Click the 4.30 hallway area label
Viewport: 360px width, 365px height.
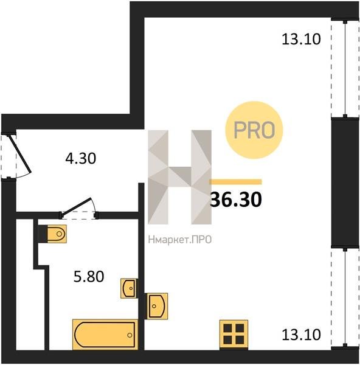[80, 159]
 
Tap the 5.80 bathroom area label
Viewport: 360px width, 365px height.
[89, 277]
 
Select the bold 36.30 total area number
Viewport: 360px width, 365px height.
[236, 200]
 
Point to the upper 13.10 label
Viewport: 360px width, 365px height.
[301, 39]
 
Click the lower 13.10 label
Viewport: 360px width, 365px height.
[301, 335]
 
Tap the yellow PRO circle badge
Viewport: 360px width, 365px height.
[254, 130]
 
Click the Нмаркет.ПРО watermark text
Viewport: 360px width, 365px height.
[180, 240]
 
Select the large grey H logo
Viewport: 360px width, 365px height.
[179, 177]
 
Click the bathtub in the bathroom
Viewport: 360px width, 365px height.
[105, 335]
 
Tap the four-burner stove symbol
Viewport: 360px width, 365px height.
[234, 335]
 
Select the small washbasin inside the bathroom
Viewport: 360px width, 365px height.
[129, 288]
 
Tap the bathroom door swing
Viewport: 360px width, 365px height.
[78, 208]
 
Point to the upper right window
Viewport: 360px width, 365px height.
[345, 69]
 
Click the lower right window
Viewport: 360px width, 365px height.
[345, 299]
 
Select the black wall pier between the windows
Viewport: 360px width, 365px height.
[345, 183]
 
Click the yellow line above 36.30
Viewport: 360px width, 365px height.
[235, 182]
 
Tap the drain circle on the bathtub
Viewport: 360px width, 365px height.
[130, 335]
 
